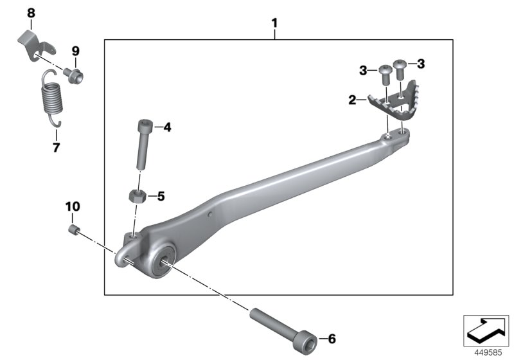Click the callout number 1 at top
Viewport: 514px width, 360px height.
[x=274, y=24]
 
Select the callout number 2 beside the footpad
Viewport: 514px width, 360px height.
[x=352, y=100]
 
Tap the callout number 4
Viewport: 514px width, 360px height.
[x=166, y=128]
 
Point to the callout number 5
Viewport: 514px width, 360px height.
[x=161, y=195]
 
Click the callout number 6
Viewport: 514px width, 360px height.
[x=332, y=338]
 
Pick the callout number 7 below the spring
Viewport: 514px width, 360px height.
[x=56, y=148]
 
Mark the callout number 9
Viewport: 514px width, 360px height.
[x=75, y=51]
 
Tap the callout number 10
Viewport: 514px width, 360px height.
[x=72, y=206]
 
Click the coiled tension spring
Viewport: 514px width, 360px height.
[x=49, y=99]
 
